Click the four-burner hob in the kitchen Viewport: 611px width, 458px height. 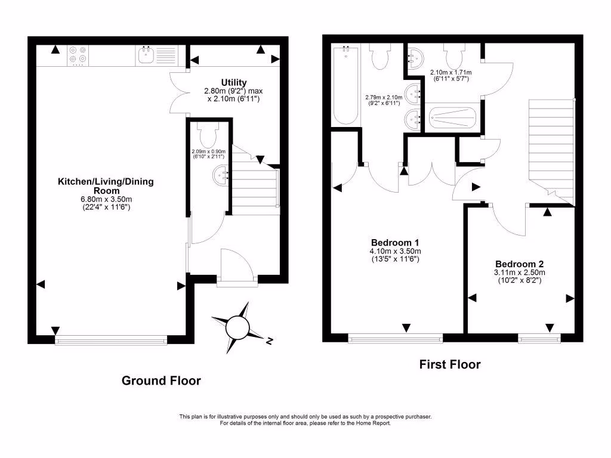point(78,55)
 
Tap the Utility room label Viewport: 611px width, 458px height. point(234,82)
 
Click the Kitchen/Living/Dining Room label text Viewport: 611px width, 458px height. point(106,186)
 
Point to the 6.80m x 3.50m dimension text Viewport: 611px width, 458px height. point(106,199)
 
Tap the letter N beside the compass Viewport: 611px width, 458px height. point(270,341)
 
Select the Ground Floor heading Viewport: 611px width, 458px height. point(161,380)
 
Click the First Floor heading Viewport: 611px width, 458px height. point(450,364)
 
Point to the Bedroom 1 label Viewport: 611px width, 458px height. point(394,243)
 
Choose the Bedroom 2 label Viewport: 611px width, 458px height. point(519,264)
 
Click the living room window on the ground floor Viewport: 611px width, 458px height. point(111,340)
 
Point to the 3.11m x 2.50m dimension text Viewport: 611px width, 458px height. point(519,273)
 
